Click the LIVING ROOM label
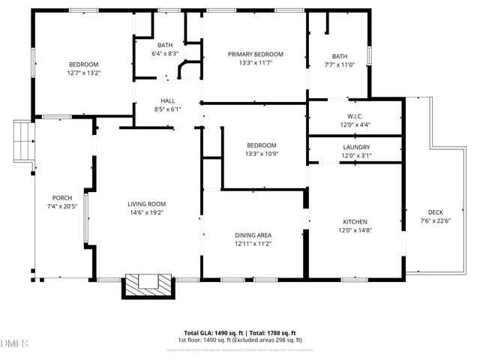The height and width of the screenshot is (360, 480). coord(146,204)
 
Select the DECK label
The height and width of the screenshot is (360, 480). coord(436,211)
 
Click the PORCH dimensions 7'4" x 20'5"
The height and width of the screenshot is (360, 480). coord(62,206)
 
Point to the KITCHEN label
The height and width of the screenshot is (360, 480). coord(355,222)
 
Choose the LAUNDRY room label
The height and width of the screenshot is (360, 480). coord(356,147)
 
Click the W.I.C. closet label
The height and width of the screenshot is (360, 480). coord(355,115)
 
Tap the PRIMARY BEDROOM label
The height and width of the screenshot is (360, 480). coord(256,54)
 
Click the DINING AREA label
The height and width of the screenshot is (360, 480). coord(253,235)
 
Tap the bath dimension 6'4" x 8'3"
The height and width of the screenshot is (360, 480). coord(165,54)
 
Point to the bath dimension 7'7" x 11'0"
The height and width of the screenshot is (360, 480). coord(340,64)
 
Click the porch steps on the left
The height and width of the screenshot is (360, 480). coord(25,143)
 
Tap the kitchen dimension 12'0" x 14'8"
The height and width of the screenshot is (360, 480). coord(355,231)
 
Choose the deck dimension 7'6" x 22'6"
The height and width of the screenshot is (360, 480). coord(436,220)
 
